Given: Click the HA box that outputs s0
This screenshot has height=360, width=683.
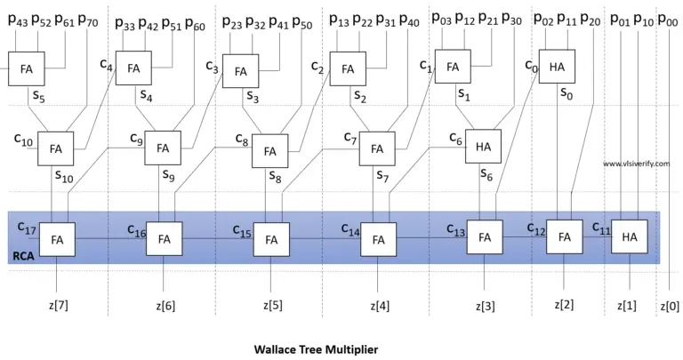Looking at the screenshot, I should [558, 67].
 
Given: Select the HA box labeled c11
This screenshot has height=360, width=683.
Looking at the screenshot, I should [630, 236].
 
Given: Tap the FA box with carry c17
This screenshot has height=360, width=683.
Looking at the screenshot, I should [58, 238].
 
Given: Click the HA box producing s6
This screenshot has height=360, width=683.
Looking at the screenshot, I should [484, 147].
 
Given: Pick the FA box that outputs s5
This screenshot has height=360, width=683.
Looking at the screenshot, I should [26, 68].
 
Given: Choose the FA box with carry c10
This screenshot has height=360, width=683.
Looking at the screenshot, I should [56, 148].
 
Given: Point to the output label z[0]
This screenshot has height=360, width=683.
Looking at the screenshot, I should [671, 306].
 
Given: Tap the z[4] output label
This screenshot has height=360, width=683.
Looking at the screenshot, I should [378, 306].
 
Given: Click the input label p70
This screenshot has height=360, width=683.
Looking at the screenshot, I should [89, 20].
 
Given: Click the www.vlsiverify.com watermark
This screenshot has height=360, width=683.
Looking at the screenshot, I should [636, 164].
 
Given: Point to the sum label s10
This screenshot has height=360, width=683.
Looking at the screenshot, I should [64, 177].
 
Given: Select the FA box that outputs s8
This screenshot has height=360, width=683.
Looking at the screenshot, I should [270, 149].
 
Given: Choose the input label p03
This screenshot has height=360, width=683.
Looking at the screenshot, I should [441, 20].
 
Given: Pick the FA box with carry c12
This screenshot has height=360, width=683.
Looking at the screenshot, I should [564, 236].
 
